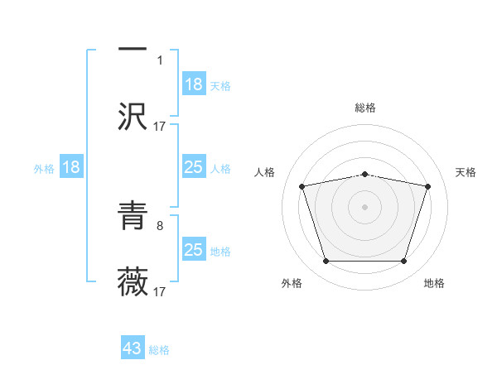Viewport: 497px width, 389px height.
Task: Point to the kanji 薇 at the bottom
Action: [133, 281]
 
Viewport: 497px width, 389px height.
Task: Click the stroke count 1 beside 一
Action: [160, 60]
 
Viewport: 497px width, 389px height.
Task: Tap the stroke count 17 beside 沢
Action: [160, 126]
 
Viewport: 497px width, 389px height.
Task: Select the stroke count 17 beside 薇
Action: [160, 291]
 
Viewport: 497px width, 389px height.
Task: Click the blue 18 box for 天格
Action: [194, 84]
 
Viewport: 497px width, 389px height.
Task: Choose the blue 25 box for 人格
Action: [194, 168]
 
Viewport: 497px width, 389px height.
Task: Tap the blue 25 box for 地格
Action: [194, 250]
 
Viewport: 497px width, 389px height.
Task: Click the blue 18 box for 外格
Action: [71, 168]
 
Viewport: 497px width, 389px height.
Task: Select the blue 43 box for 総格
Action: [133, 348]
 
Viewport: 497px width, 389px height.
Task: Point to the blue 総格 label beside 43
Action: [159, 350]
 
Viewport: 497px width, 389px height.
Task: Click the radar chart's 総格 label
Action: [365, 108]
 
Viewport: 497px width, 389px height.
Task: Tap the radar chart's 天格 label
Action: [466, 172]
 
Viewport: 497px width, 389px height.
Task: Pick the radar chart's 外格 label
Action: [292, 283]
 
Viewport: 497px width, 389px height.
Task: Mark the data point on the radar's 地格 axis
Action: [403, 262]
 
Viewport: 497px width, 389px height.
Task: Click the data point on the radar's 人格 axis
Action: [302, 186]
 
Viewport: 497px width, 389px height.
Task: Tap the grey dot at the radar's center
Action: [365, 206]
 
